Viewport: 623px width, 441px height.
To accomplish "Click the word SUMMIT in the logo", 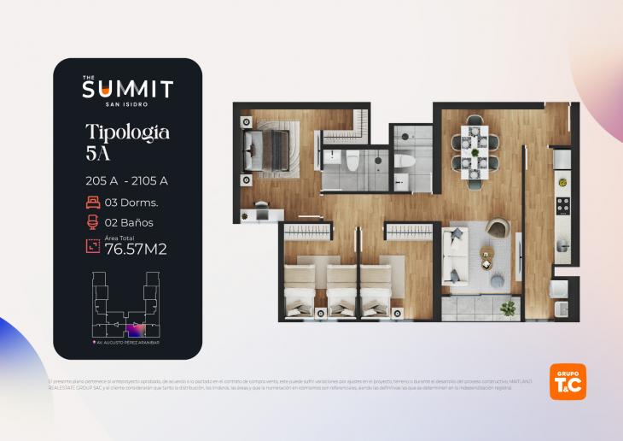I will [x=127, y=89].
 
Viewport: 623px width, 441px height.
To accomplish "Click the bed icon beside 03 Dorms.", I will [x=93, y=203].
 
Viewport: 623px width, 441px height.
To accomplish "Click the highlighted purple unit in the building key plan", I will [x=135, y=329].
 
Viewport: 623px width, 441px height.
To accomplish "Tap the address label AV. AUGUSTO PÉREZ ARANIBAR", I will [x=127, y=344].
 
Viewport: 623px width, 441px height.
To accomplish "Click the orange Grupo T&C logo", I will [x=568, y=381].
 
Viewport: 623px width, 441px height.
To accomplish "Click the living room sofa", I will [x=453, y=253].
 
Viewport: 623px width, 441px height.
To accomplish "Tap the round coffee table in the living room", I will [x=486, y=254].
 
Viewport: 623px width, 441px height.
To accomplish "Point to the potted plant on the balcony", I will [x=509, y=307].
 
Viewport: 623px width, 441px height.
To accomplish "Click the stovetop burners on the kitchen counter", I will [x=563, y=205].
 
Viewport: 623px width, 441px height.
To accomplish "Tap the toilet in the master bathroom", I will [x=351, y=159].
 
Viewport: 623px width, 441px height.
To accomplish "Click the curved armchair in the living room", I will [x=496, y=228].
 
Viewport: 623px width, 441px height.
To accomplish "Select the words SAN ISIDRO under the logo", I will [x=127, y=105].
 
